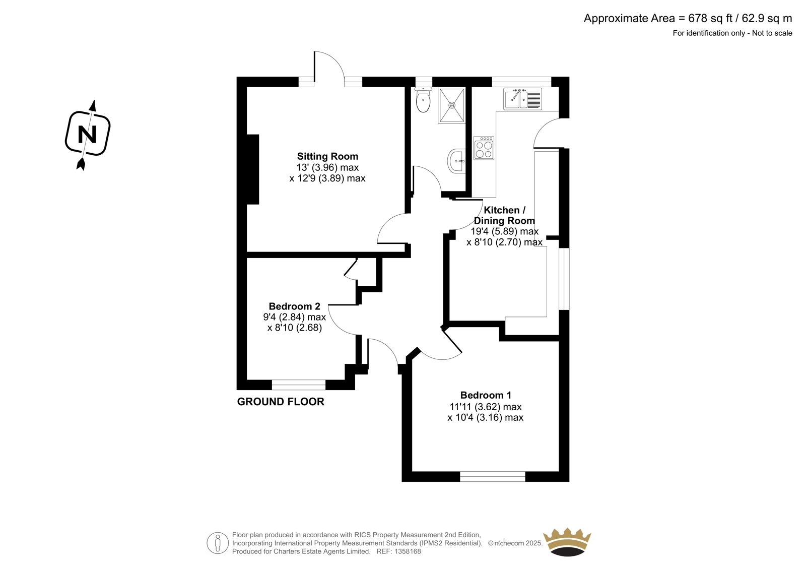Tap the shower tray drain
coord(451,105)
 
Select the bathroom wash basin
coord(456,161)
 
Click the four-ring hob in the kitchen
coord(484,148)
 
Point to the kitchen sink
coord(522,98)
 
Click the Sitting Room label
coord(327,156)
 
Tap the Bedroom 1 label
coord(486,395)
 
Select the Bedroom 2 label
coord(294,306)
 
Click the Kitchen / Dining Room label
coord(504,215)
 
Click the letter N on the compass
coord(88,134)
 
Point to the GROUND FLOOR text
coord(281,402)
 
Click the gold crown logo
coord(567,542)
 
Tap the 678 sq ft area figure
coord(710,18)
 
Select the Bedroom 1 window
coord(493,476)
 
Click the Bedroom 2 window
coord(299,385)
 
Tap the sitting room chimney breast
coord(252,169)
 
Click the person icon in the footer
coord(218,543)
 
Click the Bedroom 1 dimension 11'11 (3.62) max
coord(486,407)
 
